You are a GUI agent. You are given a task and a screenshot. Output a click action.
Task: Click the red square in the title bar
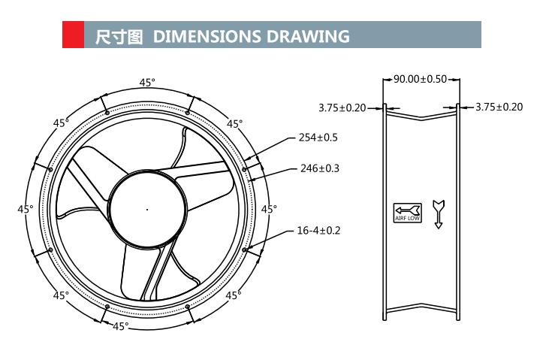point(73,35)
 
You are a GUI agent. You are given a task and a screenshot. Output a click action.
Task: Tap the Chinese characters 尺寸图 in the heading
point(118,36)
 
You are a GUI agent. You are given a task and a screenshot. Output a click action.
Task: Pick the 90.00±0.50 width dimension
point(420,79)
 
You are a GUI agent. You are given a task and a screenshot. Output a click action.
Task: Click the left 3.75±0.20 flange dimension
point(342,107)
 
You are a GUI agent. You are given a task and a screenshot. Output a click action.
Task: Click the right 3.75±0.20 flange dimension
point(499,107)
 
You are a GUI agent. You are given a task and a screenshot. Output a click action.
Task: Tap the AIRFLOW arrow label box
point(408,213)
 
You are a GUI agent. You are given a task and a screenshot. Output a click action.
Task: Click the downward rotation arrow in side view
point(439,213)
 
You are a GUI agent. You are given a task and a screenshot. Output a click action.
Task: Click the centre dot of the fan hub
point(147,209)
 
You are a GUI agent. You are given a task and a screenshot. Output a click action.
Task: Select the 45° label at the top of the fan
point(147,83)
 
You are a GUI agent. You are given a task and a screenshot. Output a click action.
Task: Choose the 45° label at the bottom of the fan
point(120,326)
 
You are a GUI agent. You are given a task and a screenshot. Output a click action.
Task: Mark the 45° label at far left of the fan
point(26,209)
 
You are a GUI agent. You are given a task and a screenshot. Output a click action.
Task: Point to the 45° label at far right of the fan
point(268,209)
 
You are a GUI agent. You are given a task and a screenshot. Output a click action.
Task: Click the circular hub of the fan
point(147,209)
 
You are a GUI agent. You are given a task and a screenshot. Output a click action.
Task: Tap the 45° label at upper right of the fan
point(234,124)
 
